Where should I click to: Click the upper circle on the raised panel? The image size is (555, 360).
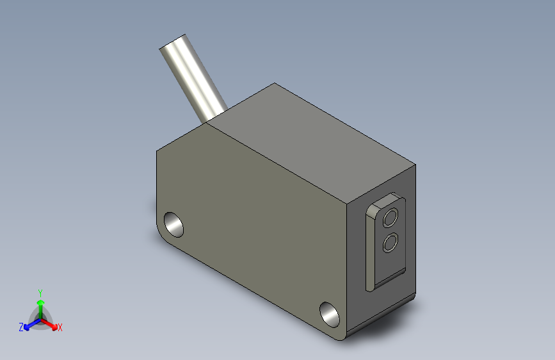390,217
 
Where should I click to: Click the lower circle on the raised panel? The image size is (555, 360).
390,243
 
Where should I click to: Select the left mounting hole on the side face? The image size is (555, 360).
173,225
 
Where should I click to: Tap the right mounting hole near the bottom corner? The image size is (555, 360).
330,315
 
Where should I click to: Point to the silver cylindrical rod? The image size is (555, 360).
193,78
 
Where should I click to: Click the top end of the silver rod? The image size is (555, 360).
172,41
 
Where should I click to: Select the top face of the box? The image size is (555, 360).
310,142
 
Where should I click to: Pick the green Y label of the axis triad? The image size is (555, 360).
40,293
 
